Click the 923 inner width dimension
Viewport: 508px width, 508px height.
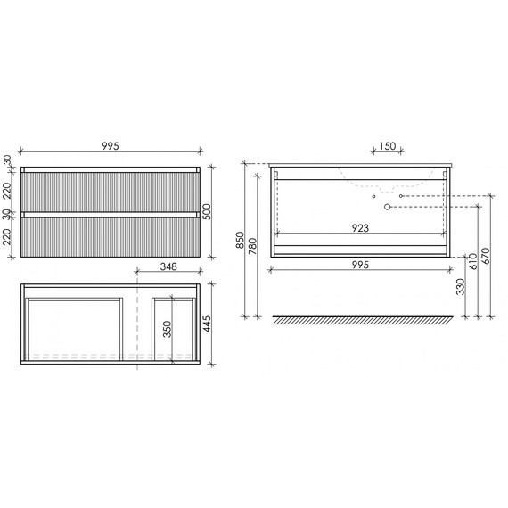click(x=361, y=228)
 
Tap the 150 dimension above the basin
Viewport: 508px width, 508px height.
click(x=386, y=147)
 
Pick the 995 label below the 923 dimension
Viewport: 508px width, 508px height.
click(x=361, y=265)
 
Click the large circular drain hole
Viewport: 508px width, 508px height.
click(x=388, y=208)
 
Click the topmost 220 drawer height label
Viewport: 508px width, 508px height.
click(x=7, y=190)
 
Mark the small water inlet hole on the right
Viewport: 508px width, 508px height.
click(x=402, y=195)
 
